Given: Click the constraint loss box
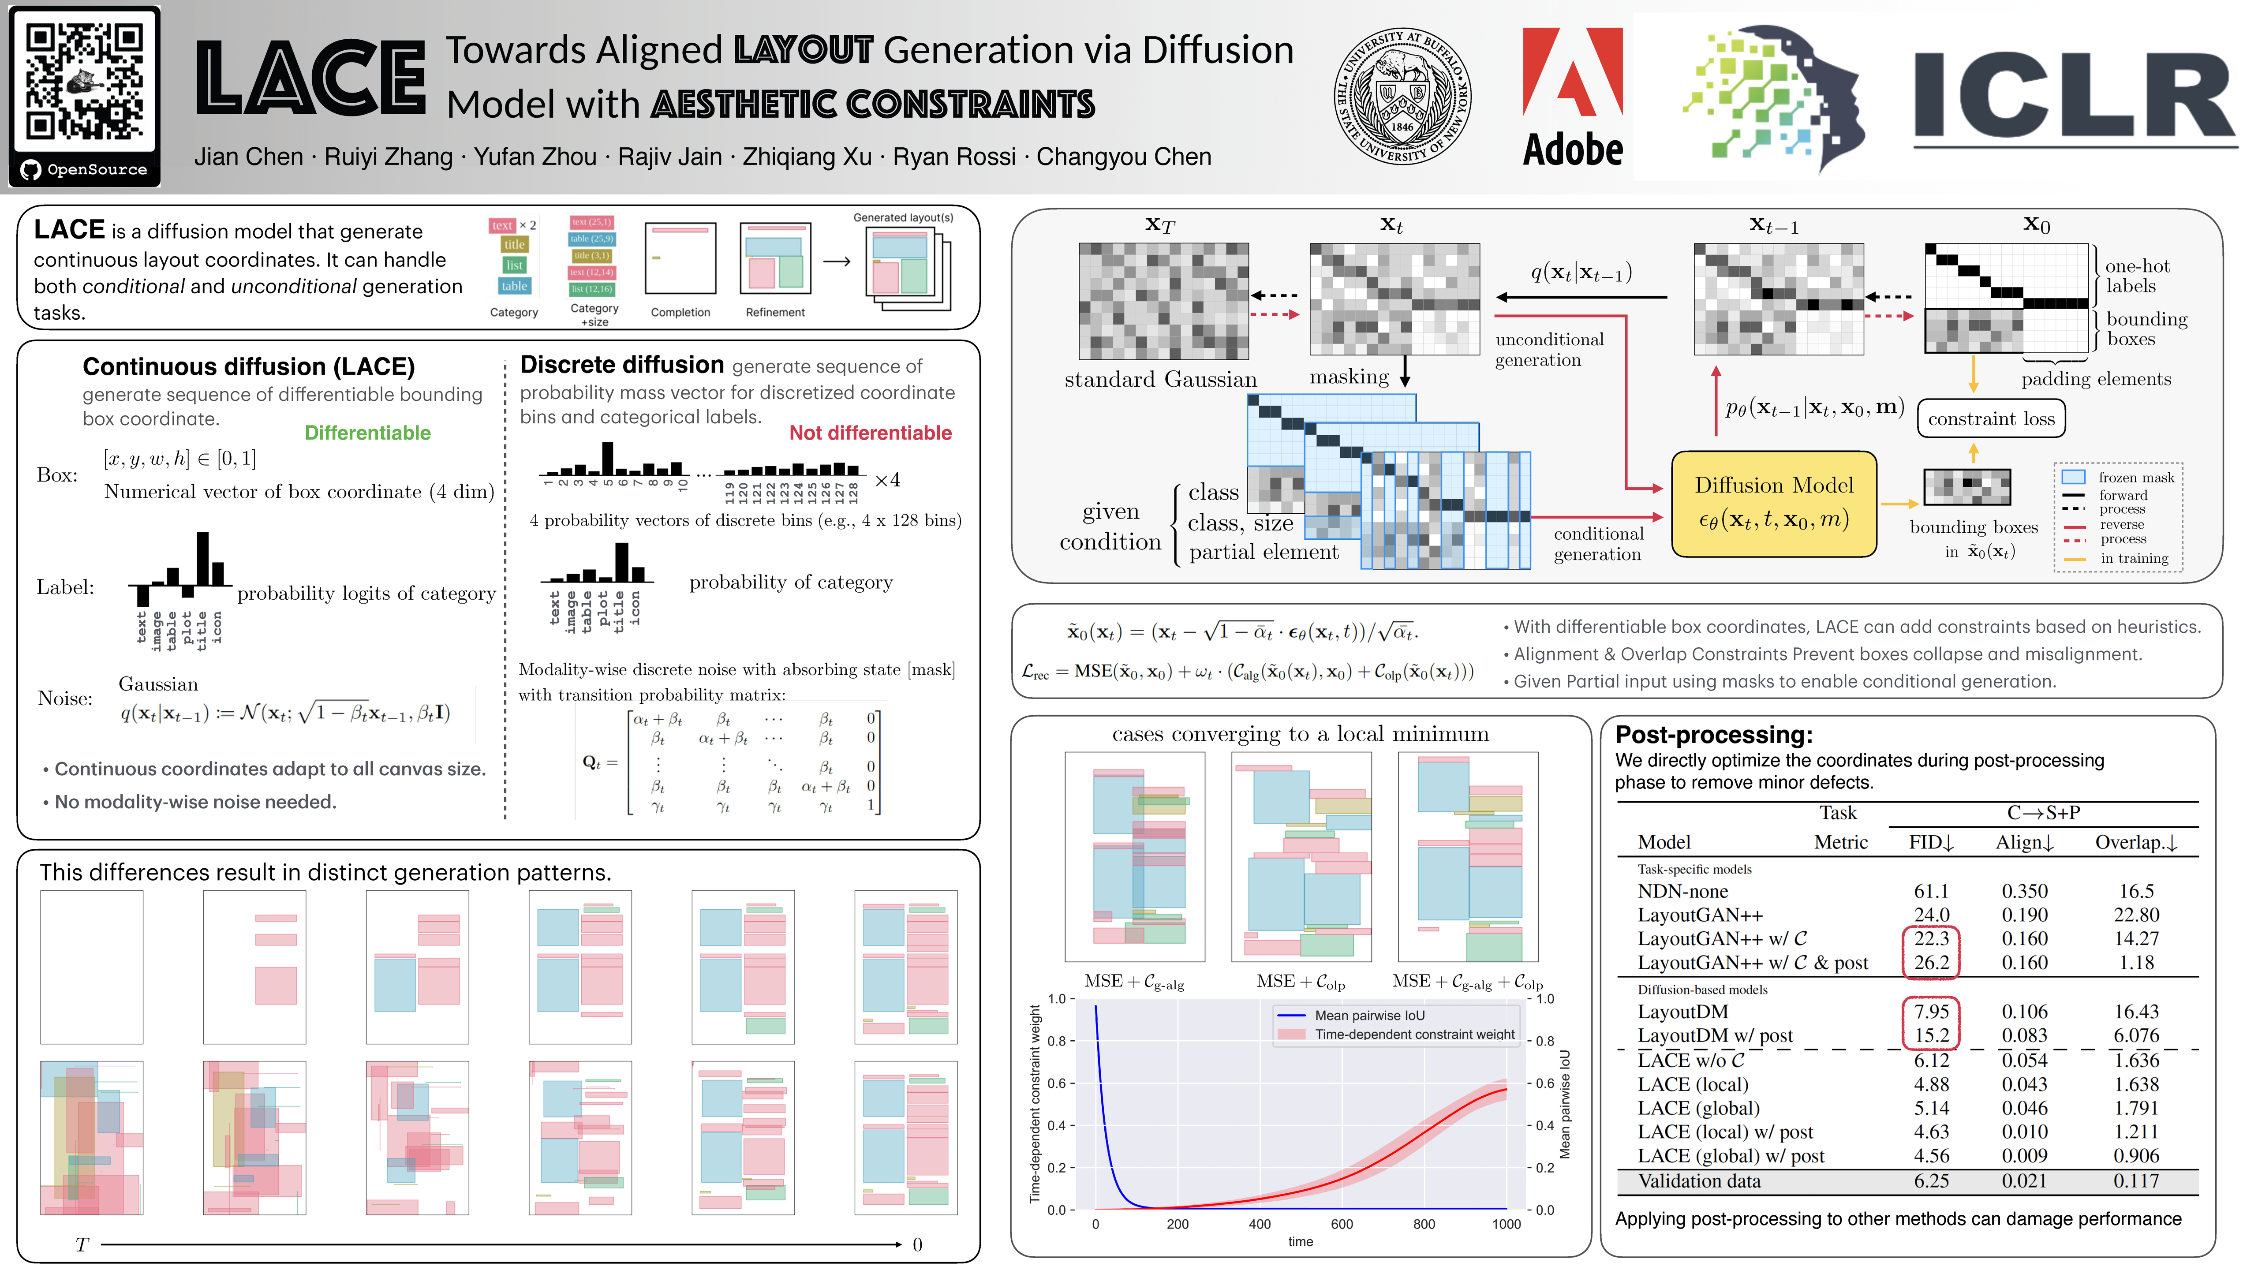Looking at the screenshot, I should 1991,419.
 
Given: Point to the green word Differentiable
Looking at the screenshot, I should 367,433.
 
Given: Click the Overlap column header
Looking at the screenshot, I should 2135,842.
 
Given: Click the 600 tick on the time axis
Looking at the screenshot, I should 1341,1225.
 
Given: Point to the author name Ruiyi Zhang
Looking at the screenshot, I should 388,157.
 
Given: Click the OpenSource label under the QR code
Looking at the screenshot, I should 97,170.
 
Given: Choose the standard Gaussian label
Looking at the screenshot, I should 1160,380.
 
